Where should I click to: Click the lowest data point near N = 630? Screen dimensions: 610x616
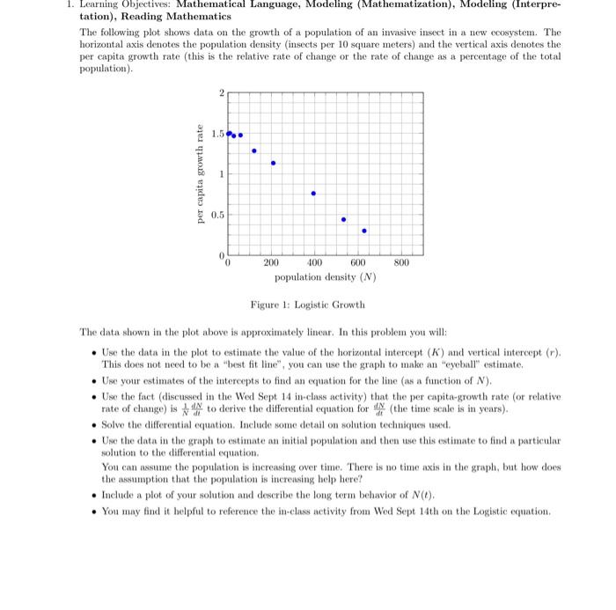pos(364,231)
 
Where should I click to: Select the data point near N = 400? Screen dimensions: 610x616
pos(313,193)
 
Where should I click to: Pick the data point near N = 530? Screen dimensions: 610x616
pos(343,219)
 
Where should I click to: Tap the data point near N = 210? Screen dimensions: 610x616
pos(273,163)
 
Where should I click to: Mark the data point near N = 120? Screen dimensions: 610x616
pos(254,151)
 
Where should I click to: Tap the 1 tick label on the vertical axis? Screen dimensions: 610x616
pos(221,174)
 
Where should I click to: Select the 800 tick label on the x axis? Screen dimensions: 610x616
pos(402,263)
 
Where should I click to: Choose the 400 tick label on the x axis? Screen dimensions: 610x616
pos(314,263)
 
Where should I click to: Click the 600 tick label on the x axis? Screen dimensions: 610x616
pos(358,263)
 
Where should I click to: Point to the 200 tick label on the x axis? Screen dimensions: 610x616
pos(271,263)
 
